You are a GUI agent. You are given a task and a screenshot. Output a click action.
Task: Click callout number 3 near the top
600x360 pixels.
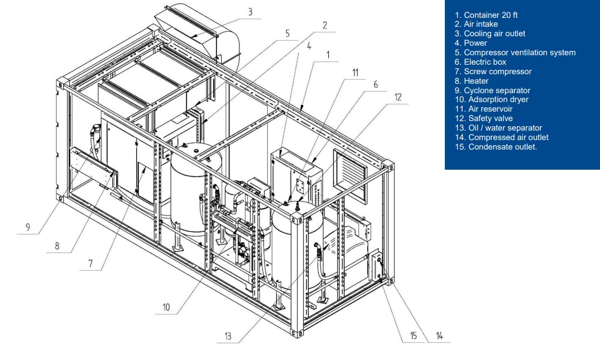click(250, 12)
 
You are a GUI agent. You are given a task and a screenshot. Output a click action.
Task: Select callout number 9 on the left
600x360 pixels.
click(28, 227)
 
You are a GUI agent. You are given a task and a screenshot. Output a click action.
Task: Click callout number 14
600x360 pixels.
click(439, 336)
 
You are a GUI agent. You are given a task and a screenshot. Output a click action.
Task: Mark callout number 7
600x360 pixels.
click(90, 264)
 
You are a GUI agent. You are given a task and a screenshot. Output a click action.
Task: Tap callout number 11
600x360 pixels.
click(355, 73)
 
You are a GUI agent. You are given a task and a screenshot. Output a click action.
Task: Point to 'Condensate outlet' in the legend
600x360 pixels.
click(496, 147)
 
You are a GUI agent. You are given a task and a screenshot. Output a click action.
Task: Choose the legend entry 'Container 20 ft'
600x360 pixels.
click(486, 15)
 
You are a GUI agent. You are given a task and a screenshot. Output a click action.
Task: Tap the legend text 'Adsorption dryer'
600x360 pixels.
click(491, 100)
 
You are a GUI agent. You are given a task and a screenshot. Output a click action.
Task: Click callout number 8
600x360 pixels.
click(57, 246)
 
